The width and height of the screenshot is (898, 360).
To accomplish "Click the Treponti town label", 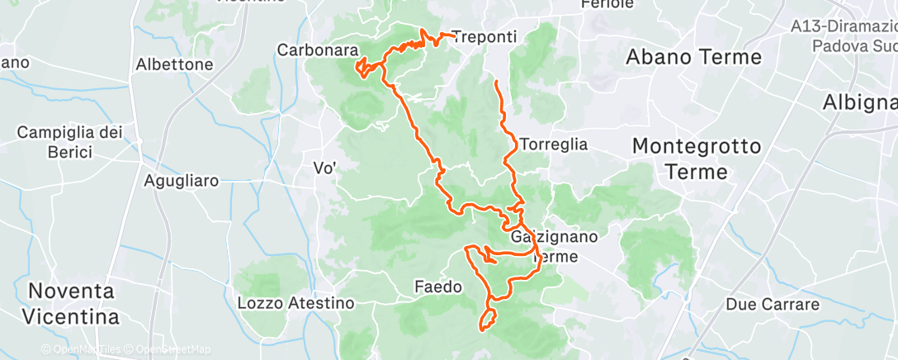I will coord(485,37).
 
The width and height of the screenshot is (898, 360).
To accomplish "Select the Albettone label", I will coord(174,64).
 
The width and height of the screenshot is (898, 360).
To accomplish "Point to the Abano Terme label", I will coord(693,57).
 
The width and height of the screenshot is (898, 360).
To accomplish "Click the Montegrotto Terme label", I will coord(696,159).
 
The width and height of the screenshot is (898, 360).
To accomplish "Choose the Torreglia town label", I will coord(554,144).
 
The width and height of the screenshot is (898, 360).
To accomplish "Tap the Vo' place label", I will coord(324,168).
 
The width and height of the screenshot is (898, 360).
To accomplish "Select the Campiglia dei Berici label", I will coord(69,141).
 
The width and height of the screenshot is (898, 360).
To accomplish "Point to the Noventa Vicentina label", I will coord(73,303).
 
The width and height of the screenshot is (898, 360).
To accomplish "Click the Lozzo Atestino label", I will coord(295,303).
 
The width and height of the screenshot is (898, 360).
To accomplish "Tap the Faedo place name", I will coord(435,287).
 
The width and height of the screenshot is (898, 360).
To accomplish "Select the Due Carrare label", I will coord(772,305).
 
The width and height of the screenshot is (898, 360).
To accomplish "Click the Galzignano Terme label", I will coord(555,246).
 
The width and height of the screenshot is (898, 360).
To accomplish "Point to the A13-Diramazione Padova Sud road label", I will coord(842,36).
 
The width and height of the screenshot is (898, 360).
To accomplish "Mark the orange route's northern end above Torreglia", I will coord(495,81).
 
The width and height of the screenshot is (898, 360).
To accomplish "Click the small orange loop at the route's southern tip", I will coord(488,320).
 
